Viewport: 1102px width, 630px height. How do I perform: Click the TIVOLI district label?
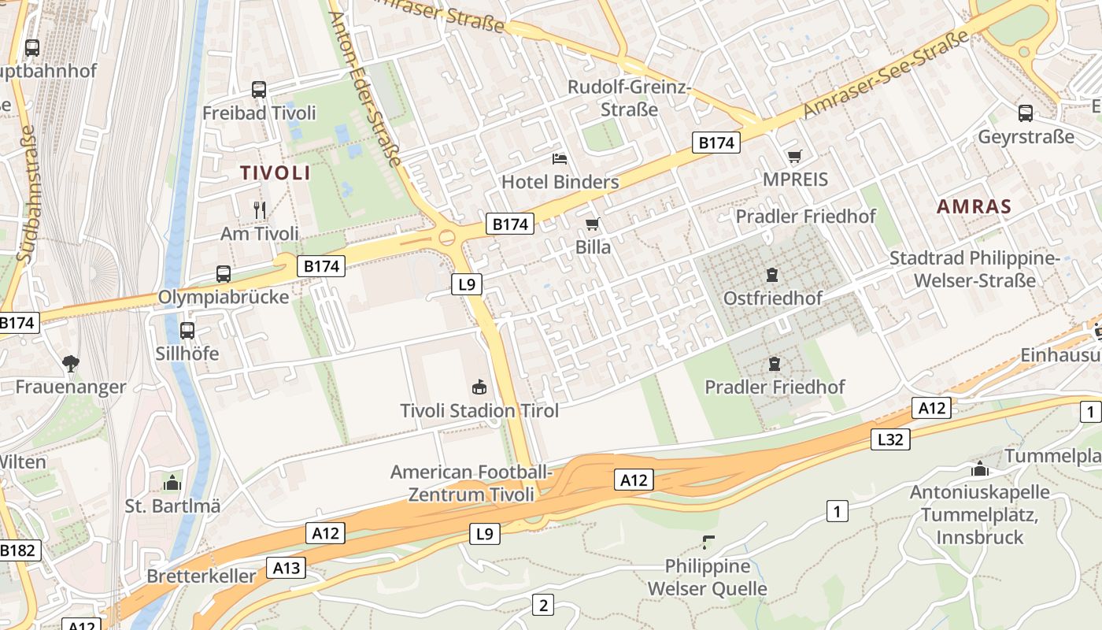(x=275, y=173)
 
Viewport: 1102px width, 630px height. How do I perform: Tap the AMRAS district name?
(x=974, y=207)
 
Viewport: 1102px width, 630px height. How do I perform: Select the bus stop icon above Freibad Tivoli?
(x=259, y=90)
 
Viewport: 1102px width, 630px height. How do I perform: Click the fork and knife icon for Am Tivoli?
(x=260, y=209)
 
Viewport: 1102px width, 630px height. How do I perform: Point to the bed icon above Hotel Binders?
(x=560, y=159)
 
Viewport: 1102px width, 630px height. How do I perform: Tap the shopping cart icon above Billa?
(x=593, y=224)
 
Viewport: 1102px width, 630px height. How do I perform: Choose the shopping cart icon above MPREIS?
(x=795, y=157)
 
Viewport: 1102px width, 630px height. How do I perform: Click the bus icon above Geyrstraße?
(x=1025, y=113)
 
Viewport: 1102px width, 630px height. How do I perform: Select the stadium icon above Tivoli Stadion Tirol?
(x=479, y=387)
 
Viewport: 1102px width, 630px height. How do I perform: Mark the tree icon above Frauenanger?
(x=71, y=363)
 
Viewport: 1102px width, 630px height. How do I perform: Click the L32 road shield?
(x=890, y=439)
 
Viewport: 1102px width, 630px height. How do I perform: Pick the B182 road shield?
(x=17, y=550)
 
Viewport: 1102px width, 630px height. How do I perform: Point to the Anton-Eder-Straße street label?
(x=365, y=88)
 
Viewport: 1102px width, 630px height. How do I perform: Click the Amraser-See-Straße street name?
(x=886, y=76)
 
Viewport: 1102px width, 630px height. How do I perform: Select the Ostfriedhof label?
(x=772, y=298)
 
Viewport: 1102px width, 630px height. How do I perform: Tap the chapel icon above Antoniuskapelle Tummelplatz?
(x=979, y=469)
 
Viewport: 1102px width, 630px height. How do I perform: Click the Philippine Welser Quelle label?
(x=707, y=577)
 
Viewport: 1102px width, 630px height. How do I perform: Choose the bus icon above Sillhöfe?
(x=187, y=331)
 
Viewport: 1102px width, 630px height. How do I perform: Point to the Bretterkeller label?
(x=202, y=576)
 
